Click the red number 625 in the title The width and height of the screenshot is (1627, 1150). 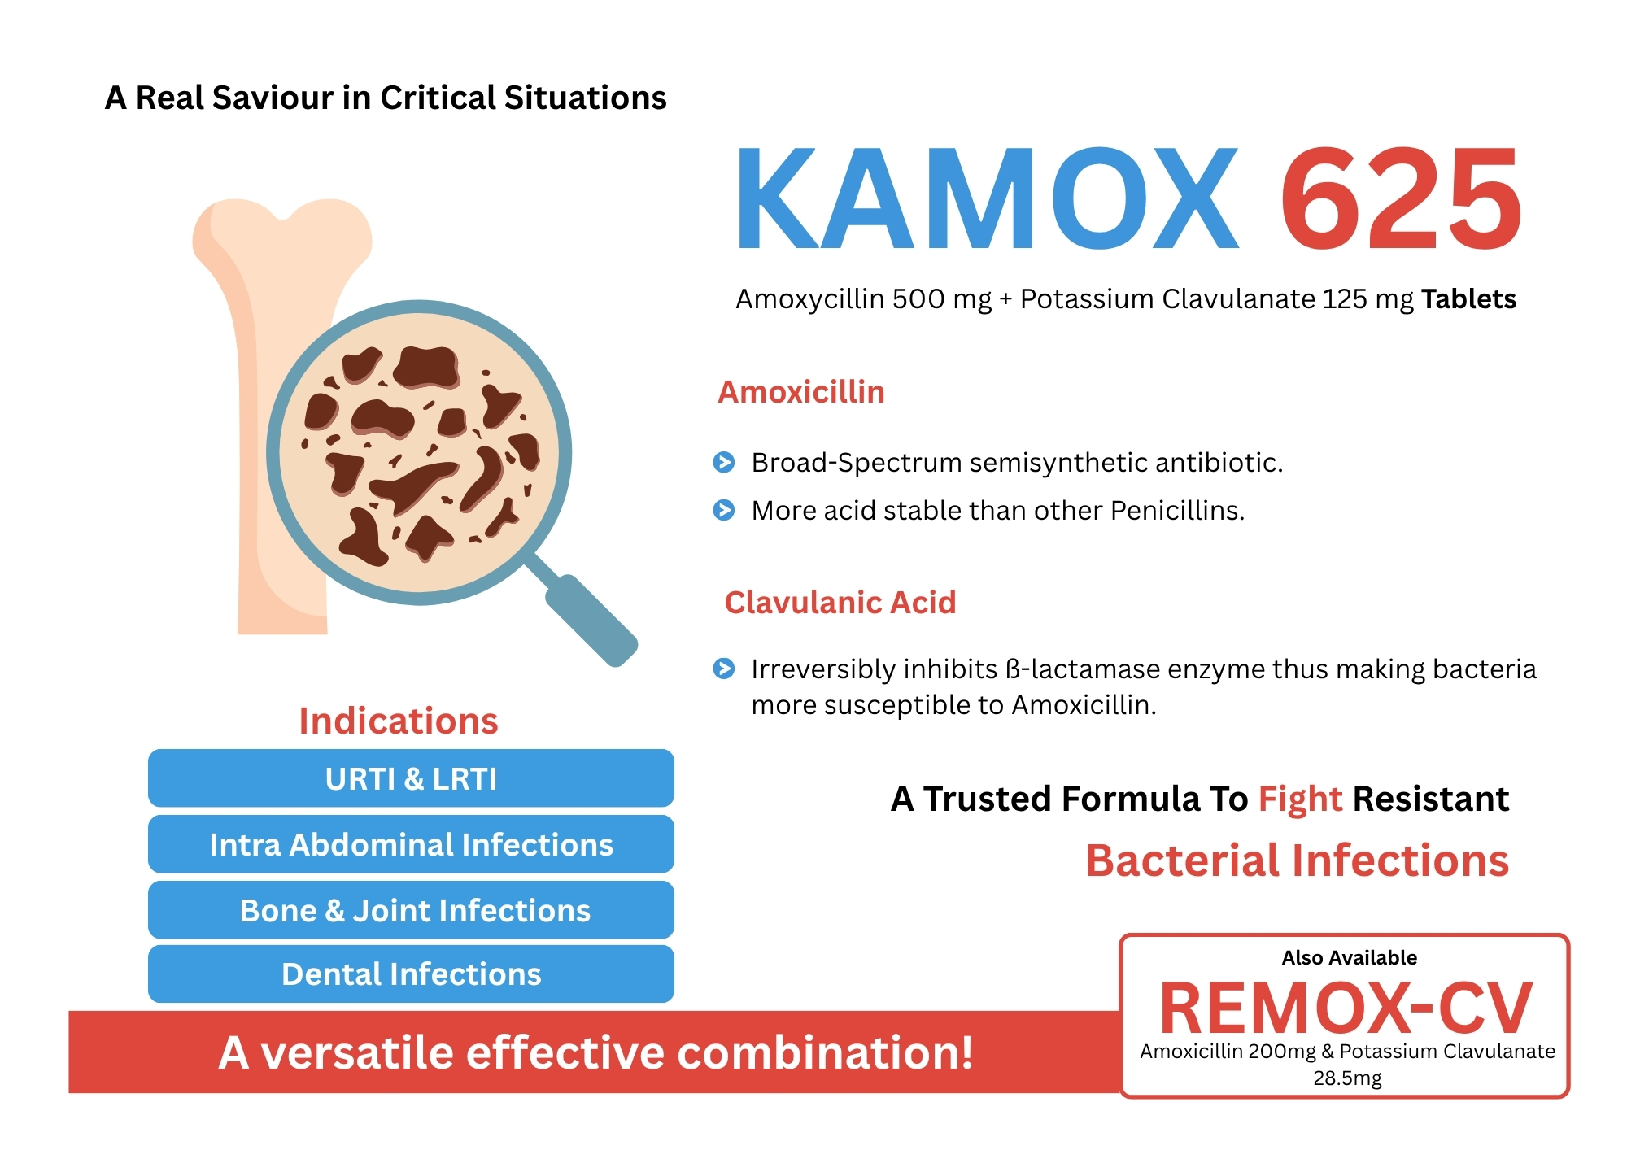1401,198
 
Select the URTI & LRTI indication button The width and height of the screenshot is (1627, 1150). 411,778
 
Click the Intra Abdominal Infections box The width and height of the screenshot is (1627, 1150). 411,844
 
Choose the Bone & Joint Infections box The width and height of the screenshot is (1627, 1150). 411,910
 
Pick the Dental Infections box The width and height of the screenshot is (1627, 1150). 411,974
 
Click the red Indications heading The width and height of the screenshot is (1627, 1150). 398,721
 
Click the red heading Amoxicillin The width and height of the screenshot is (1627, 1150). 801,392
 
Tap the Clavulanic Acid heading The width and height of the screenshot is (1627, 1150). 840,603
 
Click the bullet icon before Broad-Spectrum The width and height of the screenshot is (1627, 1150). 724,462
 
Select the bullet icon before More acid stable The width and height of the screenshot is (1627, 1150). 724,510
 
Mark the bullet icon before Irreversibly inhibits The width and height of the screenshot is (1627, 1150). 724,669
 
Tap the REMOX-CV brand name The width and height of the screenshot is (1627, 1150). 1346,1008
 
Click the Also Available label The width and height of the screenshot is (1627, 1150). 1350,957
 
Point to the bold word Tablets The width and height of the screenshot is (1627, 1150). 1468,299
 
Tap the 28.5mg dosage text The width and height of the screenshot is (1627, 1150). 1347,1078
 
